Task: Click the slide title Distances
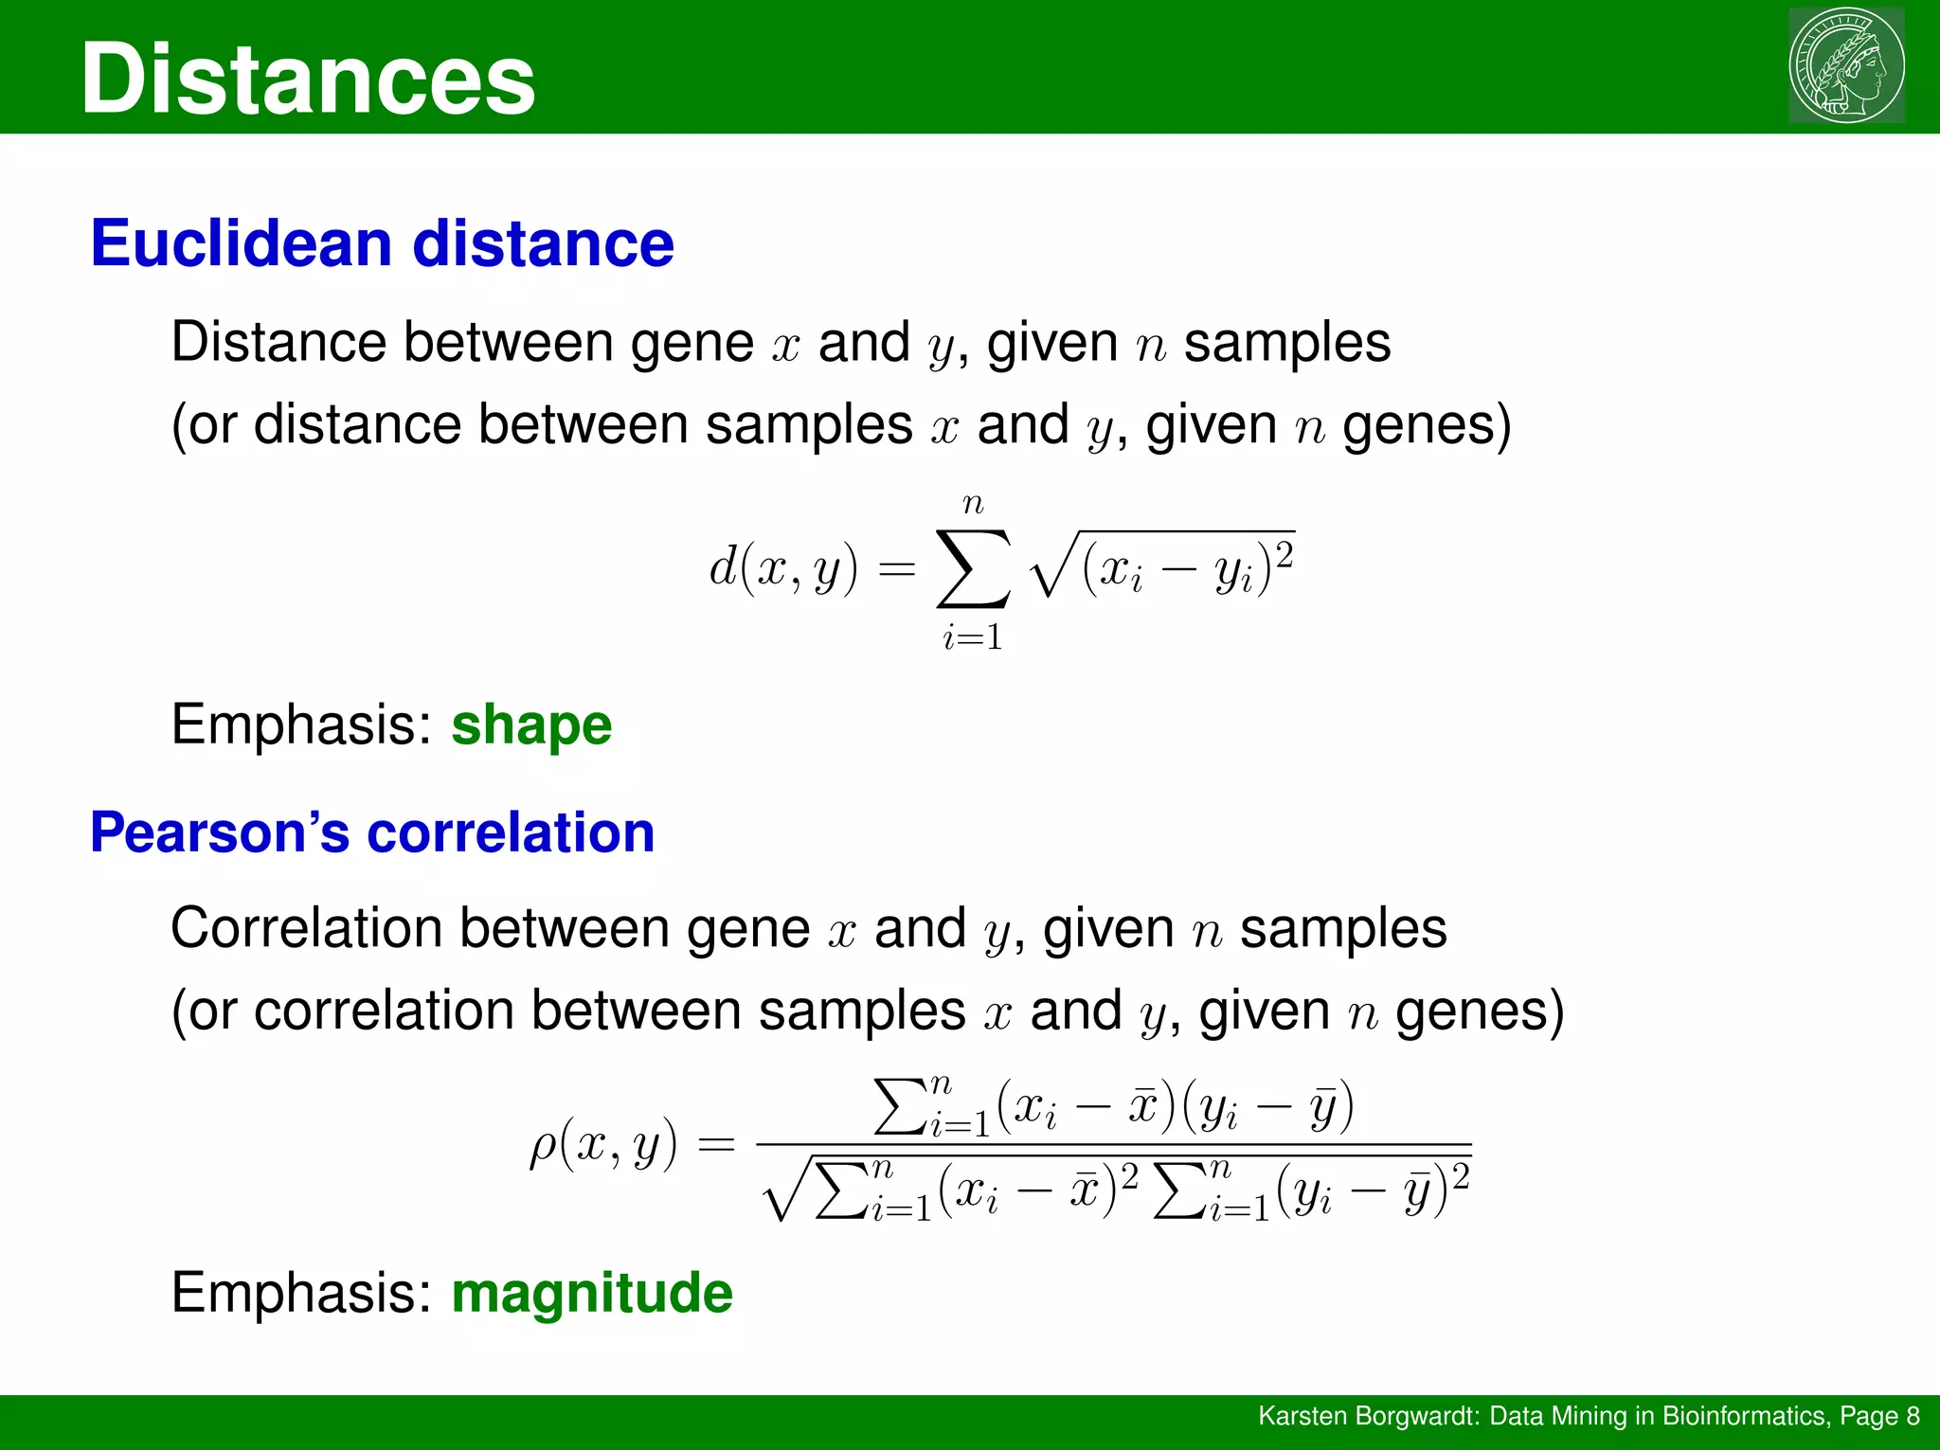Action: [x=308, y=80]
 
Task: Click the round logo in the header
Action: [x=1845, y=65]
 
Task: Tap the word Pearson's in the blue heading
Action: [x=220, y=832]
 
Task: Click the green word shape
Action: [x=531, y=725]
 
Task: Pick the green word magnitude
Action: [x=592, y=1293]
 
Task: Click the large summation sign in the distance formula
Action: [x=973, y=568]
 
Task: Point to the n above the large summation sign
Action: [x=973, y=504]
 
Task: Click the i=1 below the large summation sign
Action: [x=973, y=637]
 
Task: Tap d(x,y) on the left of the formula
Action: [x=783, y=568]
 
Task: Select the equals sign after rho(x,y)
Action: [x=716, y=1146]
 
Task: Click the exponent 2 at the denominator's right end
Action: [x=1461, y=1176]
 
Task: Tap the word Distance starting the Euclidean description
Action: [x=278, y=342]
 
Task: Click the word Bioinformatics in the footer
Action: [x=1744, y=1416]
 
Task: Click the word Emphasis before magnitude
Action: [x=301, y=1293]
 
